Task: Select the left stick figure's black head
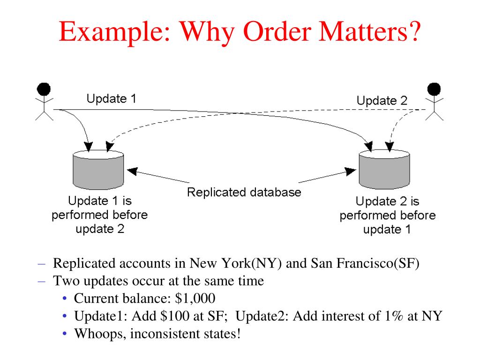pos(44,89)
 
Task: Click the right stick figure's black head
pos(434,89)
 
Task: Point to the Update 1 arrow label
pos(111,99)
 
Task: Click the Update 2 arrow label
pos(382,100)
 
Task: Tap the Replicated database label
pos(244,192)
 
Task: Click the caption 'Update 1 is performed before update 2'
pos(99,215)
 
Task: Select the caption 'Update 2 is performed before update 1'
pos(387,216)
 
